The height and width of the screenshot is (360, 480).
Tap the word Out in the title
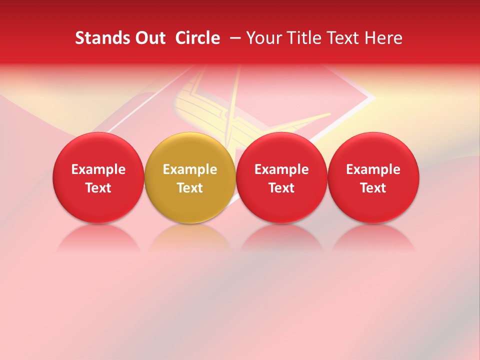pos(149,38)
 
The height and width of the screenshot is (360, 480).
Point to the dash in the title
pos(233,38)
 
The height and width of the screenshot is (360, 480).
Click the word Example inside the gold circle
pos(190,169)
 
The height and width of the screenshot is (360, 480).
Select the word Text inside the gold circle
pos(190,188)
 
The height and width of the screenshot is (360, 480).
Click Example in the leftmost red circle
pos(98,169)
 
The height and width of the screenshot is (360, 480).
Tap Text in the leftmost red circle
pos(98,188)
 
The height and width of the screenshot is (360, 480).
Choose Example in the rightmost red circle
pos(373,169)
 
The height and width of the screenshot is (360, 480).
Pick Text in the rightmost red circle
pos(373,188)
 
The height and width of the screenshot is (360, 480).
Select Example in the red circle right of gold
pos(281,169)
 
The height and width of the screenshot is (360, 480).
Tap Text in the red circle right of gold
pos(281,188)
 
